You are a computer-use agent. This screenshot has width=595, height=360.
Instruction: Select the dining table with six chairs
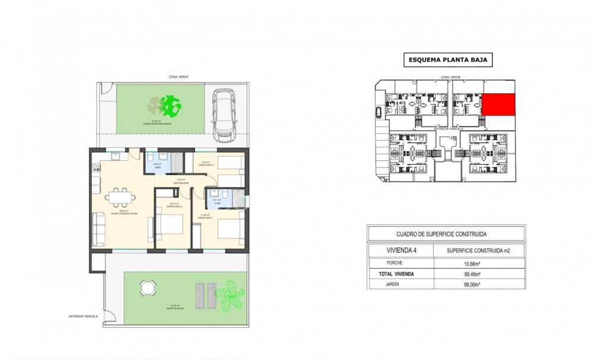pos(121,198)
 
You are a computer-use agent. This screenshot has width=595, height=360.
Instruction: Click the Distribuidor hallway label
pos(181,182)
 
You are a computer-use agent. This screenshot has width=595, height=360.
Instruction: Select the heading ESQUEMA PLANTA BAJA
pos(449,59)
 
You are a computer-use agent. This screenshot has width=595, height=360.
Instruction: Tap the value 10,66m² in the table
pos(473,263)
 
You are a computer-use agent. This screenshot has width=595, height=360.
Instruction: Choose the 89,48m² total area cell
pos(473,274)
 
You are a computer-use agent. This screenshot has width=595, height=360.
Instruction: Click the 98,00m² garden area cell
pos(473,285)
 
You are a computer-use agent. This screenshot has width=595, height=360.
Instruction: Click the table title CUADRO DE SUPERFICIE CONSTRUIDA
pos(446,233)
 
